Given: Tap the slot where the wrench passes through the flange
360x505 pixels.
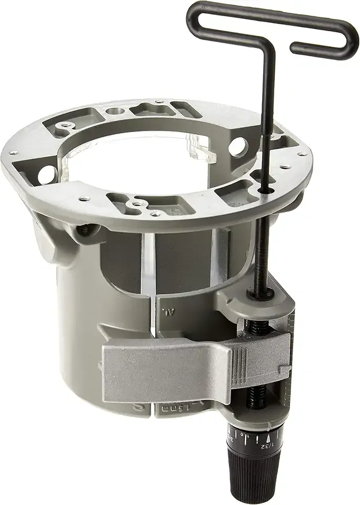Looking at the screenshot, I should [x=262, y=186].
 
